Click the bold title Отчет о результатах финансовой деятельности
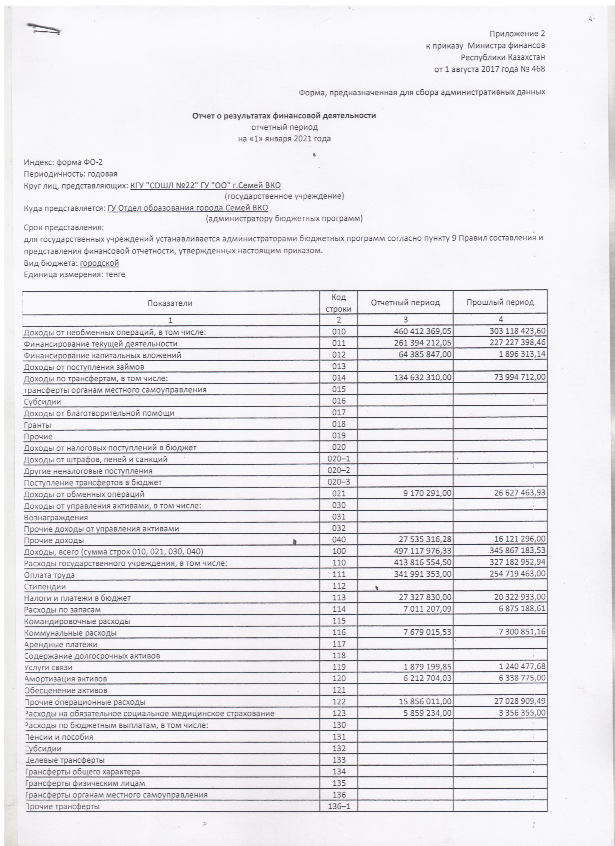(x=284, y=116)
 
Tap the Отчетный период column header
(x=405, y=303)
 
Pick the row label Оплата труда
(x=49, y=575)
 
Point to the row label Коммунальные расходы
(x=70, y=633)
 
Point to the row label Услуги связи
(x=48, y=668)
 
